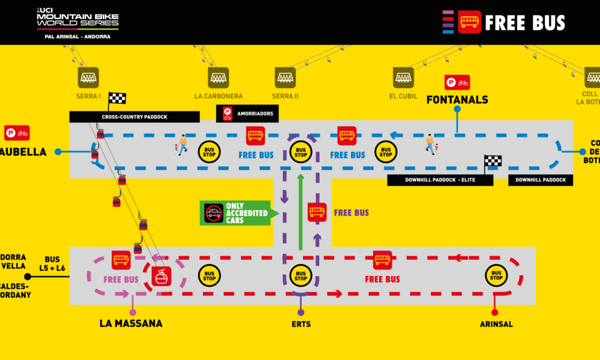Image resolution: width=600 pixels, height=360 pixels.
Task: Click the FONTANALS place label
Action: pyautogui.click(x=457, y=100)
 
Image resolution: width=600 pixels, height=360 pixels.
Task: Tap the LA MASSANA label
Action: pyautogui.click(x=131, y=323)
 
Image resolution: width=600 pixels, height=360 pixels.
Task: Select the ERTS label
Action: pyautogui.click(x=301, y=325)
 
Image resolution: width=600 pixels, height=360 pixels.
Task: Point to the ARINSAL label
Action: pyautogui.click(x=496, y=325)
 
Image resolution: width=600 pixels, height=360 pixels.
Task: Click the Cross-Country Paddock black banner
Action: pyautogui.click(x=134, y=117)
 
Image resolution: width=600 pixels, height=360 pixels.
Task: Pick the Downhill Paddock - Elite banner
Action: pyautogui.click(x=440, y=180)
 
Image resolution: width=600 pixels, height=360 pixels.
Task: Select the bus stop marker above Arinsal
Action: pyautogui.click(x=496, y=275)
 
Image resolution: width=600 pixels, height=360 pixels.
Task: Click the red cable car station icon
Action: pyautogui.click(x=161, y=276)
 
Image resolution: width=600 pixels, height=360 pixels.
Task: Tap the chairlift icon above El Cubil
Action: pyautogui.click(x=403, y=77)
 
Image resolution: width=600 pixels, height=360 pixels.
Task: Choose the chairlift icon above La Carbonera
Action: pyautogui.click(x=218, y=77)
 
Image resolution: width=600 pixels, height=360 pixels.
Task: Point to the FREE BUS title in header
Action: pyautogui.click(x=525, y=23)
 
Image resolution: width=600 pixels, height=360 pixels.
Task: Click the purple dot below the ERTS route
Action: pyautogui.click(x=301, y=312)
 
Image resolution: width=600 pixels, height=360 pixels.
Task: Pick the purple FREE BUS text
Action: pyautogui.click(x=351, y=212)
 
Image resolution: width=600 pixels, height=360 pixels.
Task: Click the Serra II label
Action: pyautogui.click(x=285, y=96)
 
